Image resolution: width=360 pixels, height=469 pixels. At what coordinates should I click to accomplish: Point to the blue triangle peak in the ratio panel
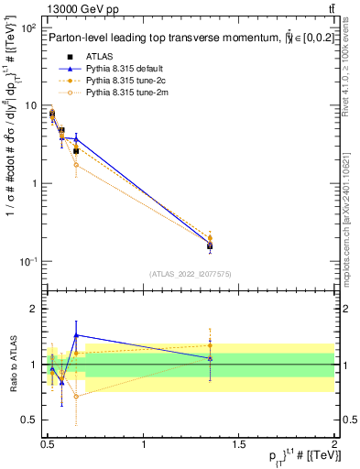point(76,335)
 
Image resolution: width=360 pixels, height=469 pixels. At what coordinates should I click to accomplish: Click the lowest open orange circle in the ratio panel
point(76,397)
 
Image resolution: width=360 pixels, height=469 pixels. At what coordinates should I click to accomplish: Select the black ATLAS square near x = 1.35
point(210,245)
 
